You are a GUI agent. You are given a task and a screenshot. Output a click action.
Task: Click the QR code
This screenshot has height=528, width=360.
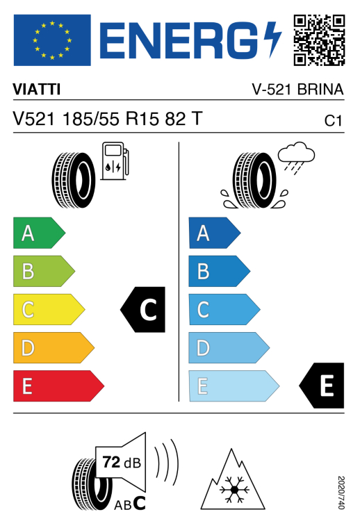coord(319,40)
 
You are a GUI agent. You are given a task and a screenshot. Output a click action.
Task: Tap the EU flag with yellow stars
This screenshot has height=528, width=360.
coord(52,40)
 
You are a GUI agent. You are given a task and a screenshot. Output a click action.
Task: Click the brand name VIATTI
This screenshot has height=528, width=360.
coord(37,90)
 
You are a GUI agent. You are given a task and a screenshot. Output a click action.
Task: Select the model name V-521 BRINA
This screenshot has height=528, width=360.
coord(297,90)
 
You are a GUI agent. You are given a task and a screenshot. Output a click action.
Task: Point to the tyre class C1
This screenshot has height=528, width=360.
coord(334,121)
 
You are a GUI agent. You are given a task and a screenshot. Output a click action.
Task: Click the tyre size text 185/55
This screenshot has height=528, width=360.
coord(91,119)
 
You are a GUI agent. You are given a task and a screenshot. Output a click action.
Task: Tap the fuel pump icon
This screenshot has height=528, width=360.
coord(115,161)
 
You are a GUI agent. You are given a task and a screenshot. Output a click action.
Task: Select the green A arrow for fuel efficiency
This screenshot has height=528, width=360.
coord(39,233)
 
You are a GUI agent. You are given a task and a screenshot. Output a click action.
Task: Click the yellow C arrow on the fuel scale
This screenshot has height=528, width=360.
coord(49,309)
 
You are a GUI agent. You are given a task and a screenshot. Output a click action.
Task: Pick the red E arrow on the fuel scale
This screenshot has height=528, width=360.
coord(58,386)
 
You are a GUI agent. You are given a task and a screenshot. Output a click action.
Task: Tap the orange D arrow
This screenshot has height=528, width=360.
coord(54,348)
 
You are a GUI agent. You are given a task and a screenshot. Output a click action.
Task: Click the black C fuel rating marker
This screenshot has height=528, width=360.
coord(142,309)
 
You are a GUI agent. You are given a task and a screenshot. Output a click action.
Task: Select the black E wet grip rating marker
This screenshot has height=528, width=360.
coord(322,386)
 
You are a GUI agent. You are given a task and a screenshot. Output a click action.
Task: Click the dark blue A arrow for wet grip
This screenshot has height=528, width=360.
coord(215,233)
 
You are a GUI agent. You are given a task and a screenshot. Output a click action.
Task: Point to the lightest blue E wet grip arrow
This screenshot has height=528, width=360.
coord(234,386)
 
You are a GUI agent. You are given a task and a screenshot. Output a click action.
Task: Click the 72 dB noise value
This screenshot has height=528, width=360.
coord(122,462)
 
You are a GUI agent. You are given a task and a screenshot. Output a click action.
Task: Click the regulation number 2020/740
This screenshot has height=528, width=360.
coord(341,493)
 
